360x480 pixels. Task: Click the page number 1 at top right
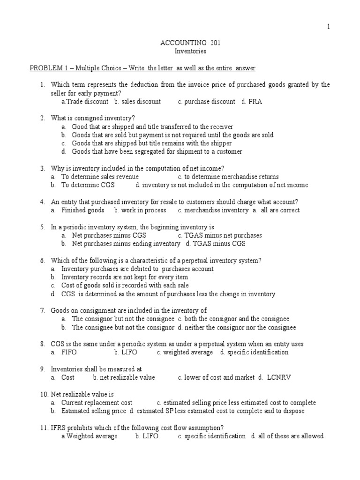[x=329, y=27]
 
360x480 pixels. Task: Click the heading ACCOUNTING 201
[x=184, y=43]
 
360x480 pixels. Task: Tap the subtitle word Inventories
[x=184, y=51]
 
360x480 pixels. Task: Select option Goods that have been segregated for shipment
[x=157, y=151]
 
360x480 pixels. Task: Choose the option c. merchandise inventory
[x=213, y=210]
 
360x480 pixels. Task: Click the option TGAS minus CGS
[x=216, y=243]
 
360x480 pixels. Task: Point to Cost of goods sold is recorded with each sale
[x=125, y=285]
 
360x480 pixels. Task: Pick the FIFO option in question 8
[x=69, y=352]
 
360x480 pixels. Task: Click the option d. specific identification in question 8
[x=254, y=352]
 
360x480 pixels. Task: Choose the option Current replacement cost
[x=97, y=402]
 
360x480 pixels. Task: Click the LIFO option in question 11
[x=147, y=436]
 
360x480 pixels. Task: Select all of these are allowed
[x=287, y=436]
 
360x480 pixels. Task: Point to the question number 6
[x=42, y=260]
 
